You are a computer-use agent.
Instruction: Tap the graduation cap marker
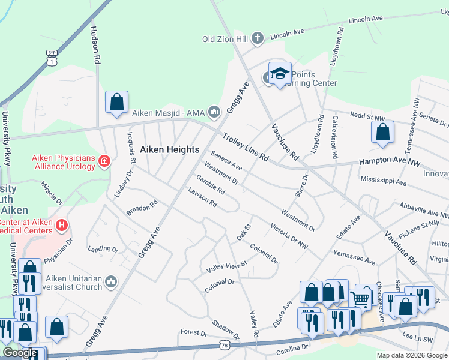pos(280,74)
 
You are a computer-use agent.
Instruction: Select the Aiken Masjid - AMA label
pos(169,112)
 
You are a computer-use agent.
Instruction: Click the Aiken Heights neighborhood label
pos(169,149)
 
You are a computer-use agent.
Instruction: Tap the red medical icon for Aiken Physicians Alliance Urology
pos(104,161)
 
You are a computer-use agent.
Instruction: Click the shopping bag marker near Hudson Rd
pos(116,102)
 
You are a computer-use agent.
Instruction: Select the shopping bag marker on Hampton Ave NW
pos(382,132)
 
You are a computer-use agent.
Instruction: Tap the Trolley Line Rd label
pos(245,147)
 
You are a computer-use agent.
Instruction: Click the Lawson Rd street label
pos(202,199)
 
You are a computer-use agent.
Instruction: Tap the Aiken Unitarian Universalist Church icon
pos(110,281)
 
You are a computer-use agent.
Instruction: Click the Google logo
pos(20,353)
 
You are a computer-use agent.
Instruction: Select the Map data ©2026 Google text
pos(411,355)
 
